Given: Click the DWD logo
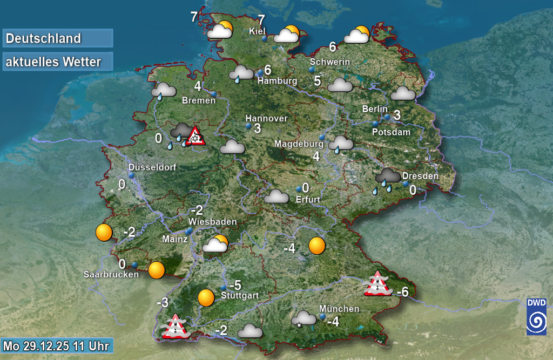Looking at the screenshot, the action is [x=536, y=316].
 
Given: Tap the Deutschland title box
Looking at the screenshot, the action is [x=58, y=38].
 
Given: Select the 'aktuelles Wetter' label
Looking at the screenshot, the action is [x=58, y=62].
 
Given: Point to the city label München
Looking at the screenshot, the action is [x=339, y=309].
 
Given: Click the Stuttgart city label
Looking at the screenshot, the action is [x=240, y=295].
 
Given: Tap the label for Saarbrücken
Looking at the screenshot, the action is [x=111, y=274].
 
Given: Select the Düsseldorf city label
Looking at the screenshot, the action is [x=152, y=167].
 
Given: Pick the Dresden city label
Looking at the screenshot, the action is [x=420, y=176].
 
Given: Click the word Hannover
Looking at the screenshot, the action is [x=266, y=118].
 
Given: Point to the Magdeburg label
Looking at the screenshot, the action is [x=299, y=144].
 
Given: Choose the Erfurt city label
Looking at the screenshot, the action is [x=308, y=199].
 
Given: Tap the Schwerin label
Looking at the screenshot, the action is [x=330, y=62].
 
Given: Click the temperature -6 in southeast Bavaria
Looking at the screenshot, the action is [x=402, y=293].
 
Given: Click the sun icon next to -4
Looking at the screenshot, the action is [x=317, y=246].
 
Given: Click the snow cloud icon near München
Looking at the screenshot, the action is [x=304, y=318].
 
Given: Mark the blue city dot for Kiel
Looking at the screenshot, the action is [x=265, y=39].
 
